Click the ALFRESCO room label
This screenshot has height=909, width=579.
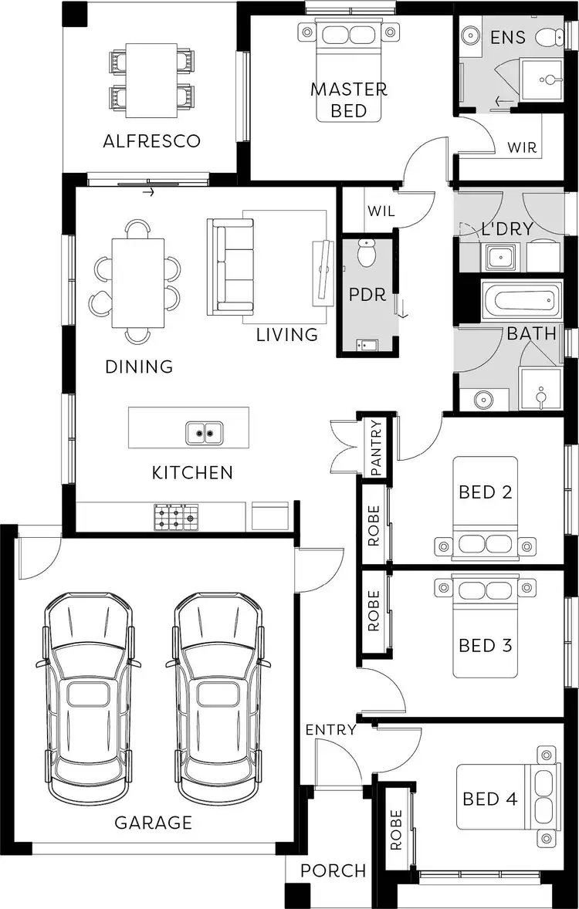pyautogui.click(x=152, y=141)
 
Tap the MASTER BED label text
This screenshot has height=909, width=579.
pyautogui.click(x=349, y=100)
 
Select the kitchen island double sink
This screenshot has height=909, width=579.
pyautogui.click(x=205, y=433)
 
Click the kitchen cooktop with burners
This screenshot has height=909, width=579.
pyautogui.click(x=176, y=516)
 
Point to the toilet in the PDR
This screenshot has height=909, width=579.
pyautogui.click(x=367, y=252)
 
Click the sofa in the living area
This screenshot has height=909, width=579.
pyautogui.click(x=230, y=266)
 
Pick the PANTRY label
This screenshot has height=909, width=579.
pyautogui.click(x=376, y=448)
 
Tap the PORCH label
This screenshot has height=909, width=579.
pyautogui.click(x=333, y=870)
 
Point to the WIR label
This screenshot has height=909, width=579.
pyautogui.click(x=522, y=147)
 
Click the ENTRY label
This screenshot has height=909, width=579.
pyautogui.click(x=330, y=729)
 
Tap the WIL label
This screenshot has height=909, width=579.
pyautogui.click(x=381, y=211)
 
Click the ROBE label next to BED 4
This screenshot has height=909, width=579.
pyautogui.click(x=396, y=830)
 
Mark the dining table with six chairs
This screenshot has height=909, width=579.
pyautogui.click(x=138, y=282)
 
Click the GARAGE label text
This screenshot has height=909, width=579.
pyautogui.click(x=153, y=823)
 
